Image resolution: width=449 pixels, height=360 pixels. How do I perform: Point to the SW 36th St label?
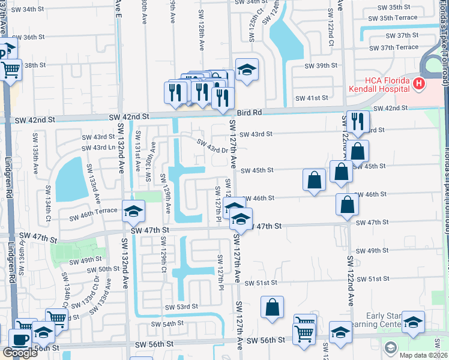click(28, 37)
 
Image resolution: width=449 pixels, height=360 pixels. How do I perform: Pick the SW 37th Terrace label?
click(393, 47)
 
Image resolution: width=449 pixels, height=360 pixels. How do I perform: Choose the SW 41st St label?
click(312, 98)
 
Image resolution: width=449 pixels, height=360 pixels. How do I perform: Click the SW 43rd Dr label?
click(213, 146)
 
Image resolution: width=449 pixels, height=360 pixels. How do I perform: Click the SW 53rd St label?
click(181, 307)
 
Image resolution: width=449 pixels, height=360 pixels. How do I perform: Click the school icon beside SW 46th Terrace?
click(134, 211)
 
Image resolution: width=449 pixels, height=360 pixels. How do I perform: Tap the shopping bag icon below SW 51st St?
click(272, 307)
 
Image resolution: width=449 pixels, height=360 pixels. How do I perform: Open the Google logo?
click(20, 353)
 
